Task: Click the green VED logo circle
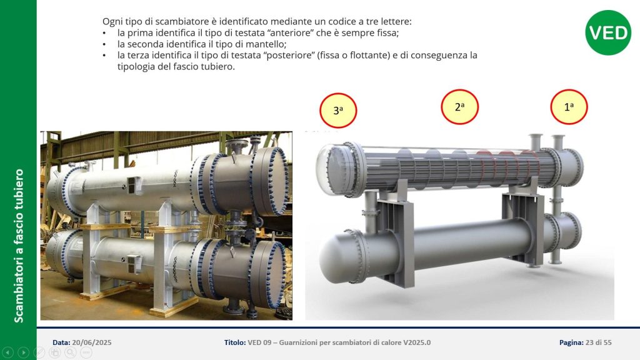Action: tap(607, 32)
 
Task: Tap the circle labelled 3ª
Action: tap(338, 111)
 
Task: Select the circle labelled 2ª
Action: tap(459, 107)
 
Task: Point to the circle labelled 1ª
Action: tap(569, 107)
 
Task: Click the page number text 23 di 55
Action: tap(598, 342)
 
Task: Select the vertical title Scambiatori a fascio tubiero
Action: tap(19, 246)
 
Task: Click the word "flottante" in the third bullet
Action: tap(371, 55)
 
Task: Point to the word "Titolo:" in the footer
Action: tap(235, 342)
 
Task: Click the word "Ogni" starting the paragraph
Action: tap(111, 22)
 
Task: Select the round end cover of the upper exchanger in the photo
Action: tap(270, 181)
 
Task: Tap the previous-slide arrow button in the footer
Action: tap(7, 352)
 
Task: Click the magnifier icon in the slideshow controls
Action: tap(70, 352)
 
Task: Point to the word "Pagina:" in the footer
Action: tap(571, 342)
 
